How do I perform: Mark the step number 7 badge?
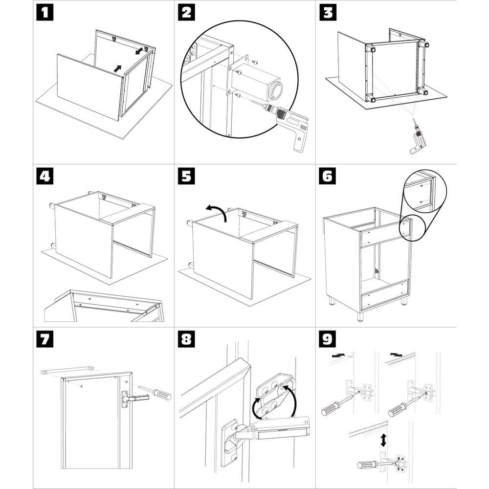[x=45, y=339]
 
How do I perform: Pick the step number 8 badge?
[x=186, y=339]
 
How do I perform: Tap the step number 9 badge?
[x=327, y=339]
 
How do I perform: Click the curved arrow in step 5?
[x=217, y=211]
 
